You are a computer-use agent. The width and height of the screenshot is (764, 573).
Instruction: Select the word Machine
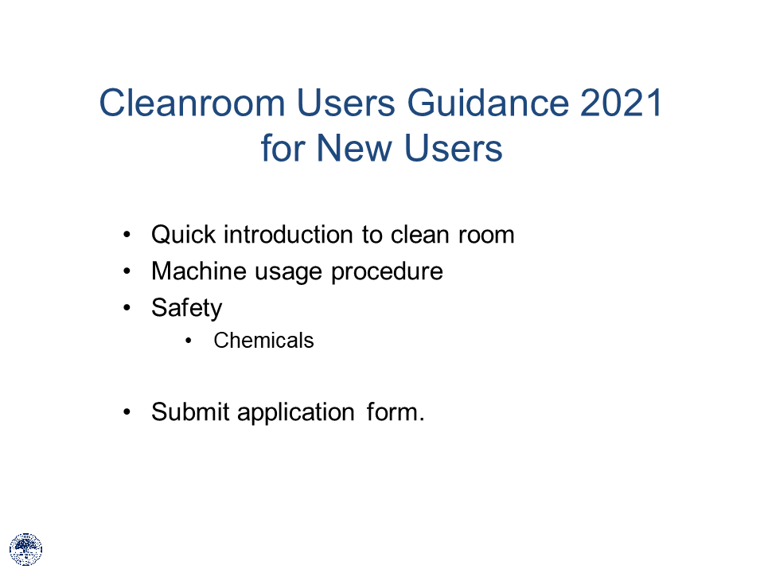click(x=199, y=271)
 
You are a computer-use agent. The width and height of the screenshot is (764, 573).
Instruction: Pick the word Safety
click(x=186, y=308)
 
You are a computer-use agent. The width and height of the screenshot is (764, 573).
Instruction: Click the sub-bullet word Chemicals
click(x=263, y=341)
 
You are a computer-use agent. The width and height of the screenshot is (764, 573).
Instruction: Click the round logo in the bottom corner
click(x=25, y=549)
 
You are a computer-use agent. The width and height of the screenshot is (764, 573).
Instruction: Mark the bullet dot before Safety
click(x=127, y=308)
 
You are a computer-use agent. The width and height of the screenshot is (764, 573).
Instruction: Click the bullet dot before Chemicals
click(x=189, y=341)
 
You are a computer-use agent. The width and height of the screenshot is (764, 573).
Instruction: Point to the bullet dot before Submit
click(x=127, y=412)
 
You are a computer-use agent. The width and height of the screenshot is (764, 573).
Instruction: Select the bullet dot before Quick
click(x=127, y=236)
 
